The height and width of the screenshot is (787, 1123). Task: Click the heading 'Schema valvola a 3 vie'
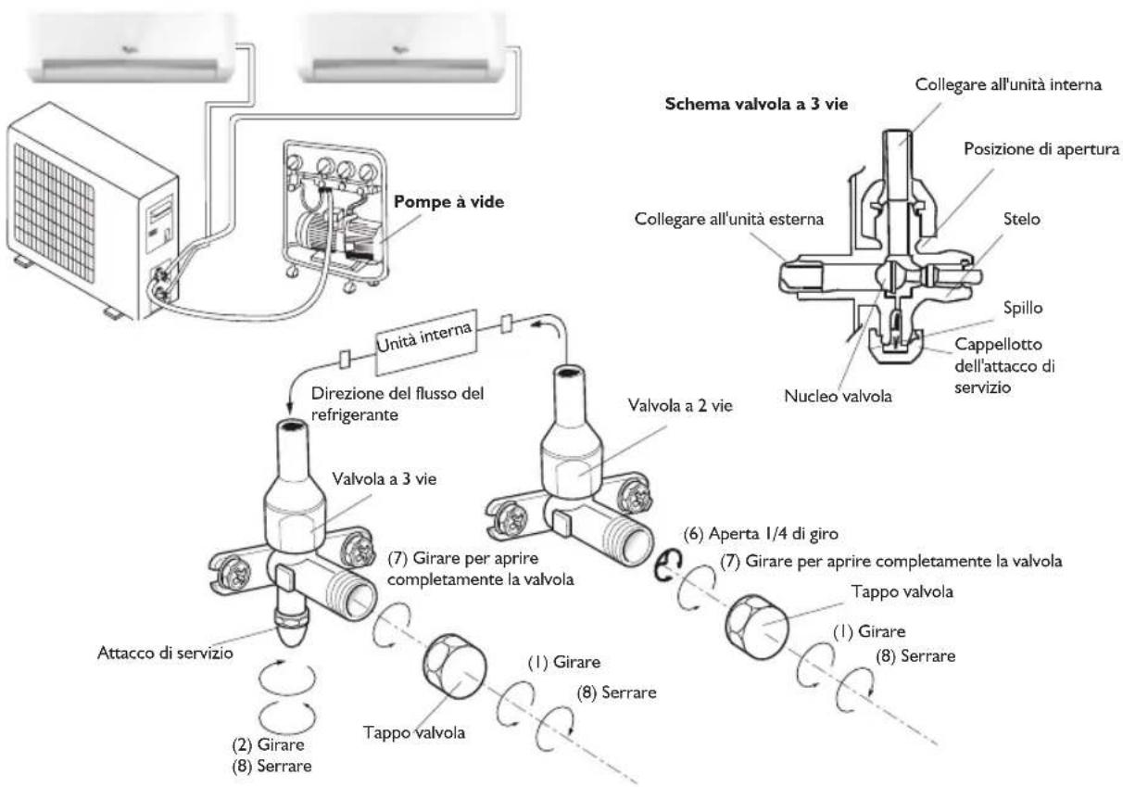pyautogui.click(x=756, y=104)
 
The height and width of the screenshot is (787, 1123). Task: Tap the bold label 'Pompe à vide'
pyautogui.click(x=448, y=202)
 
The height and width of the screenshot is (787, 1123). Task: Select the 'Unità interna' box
pyautogui.click(x=425, y=342)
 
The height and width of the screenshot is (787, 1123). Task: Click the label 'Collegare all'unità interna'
pyautogui.click(x=1008, y=84)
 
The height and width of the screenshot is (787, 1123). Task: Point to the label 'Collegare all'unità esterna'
pyautogui.click(x=729, y=219)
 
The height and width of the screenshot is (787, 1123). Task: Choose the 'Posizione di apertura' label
pyautogui.click(x=1041, y=149)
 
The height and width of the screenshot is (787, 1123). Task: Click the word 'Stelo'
pyautogui.click(x=1021, y=219)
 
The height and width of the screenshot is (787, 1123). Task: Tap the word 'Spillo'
pyautogui.click(x=1023, y=308)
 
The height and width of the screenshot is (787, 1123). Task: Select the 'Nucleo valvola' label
pyautogui.click(x=838, y=396)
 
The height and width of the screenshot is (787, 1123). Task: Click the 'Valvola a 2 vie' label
pyautogui.click(x=680, y=405)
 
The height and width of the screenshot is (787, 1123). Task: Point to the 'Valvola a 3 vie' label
pyautogui.click(x=384, y=478)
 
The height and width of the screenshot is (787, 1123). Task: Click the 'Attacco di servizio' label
pyautogui.click(x=165, y=653)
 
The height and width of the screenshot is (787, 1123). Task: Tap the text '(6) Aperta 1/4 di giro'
pyautogui.click(x=761, y=534)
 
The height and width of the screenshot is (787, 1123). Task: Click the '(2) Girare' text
pyautogui.click(x=268, y=744)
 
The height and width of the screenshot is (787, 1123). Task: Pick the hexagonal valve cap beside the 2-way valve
pyautogui.click(x=757, y=628)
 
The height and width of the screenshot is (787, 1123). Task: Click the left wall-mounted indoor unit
pyautogui.click(x=132, y=48)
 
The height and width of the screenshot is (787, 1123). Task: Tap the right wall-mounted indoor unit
pyautogui.click(x=401, y=48)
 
